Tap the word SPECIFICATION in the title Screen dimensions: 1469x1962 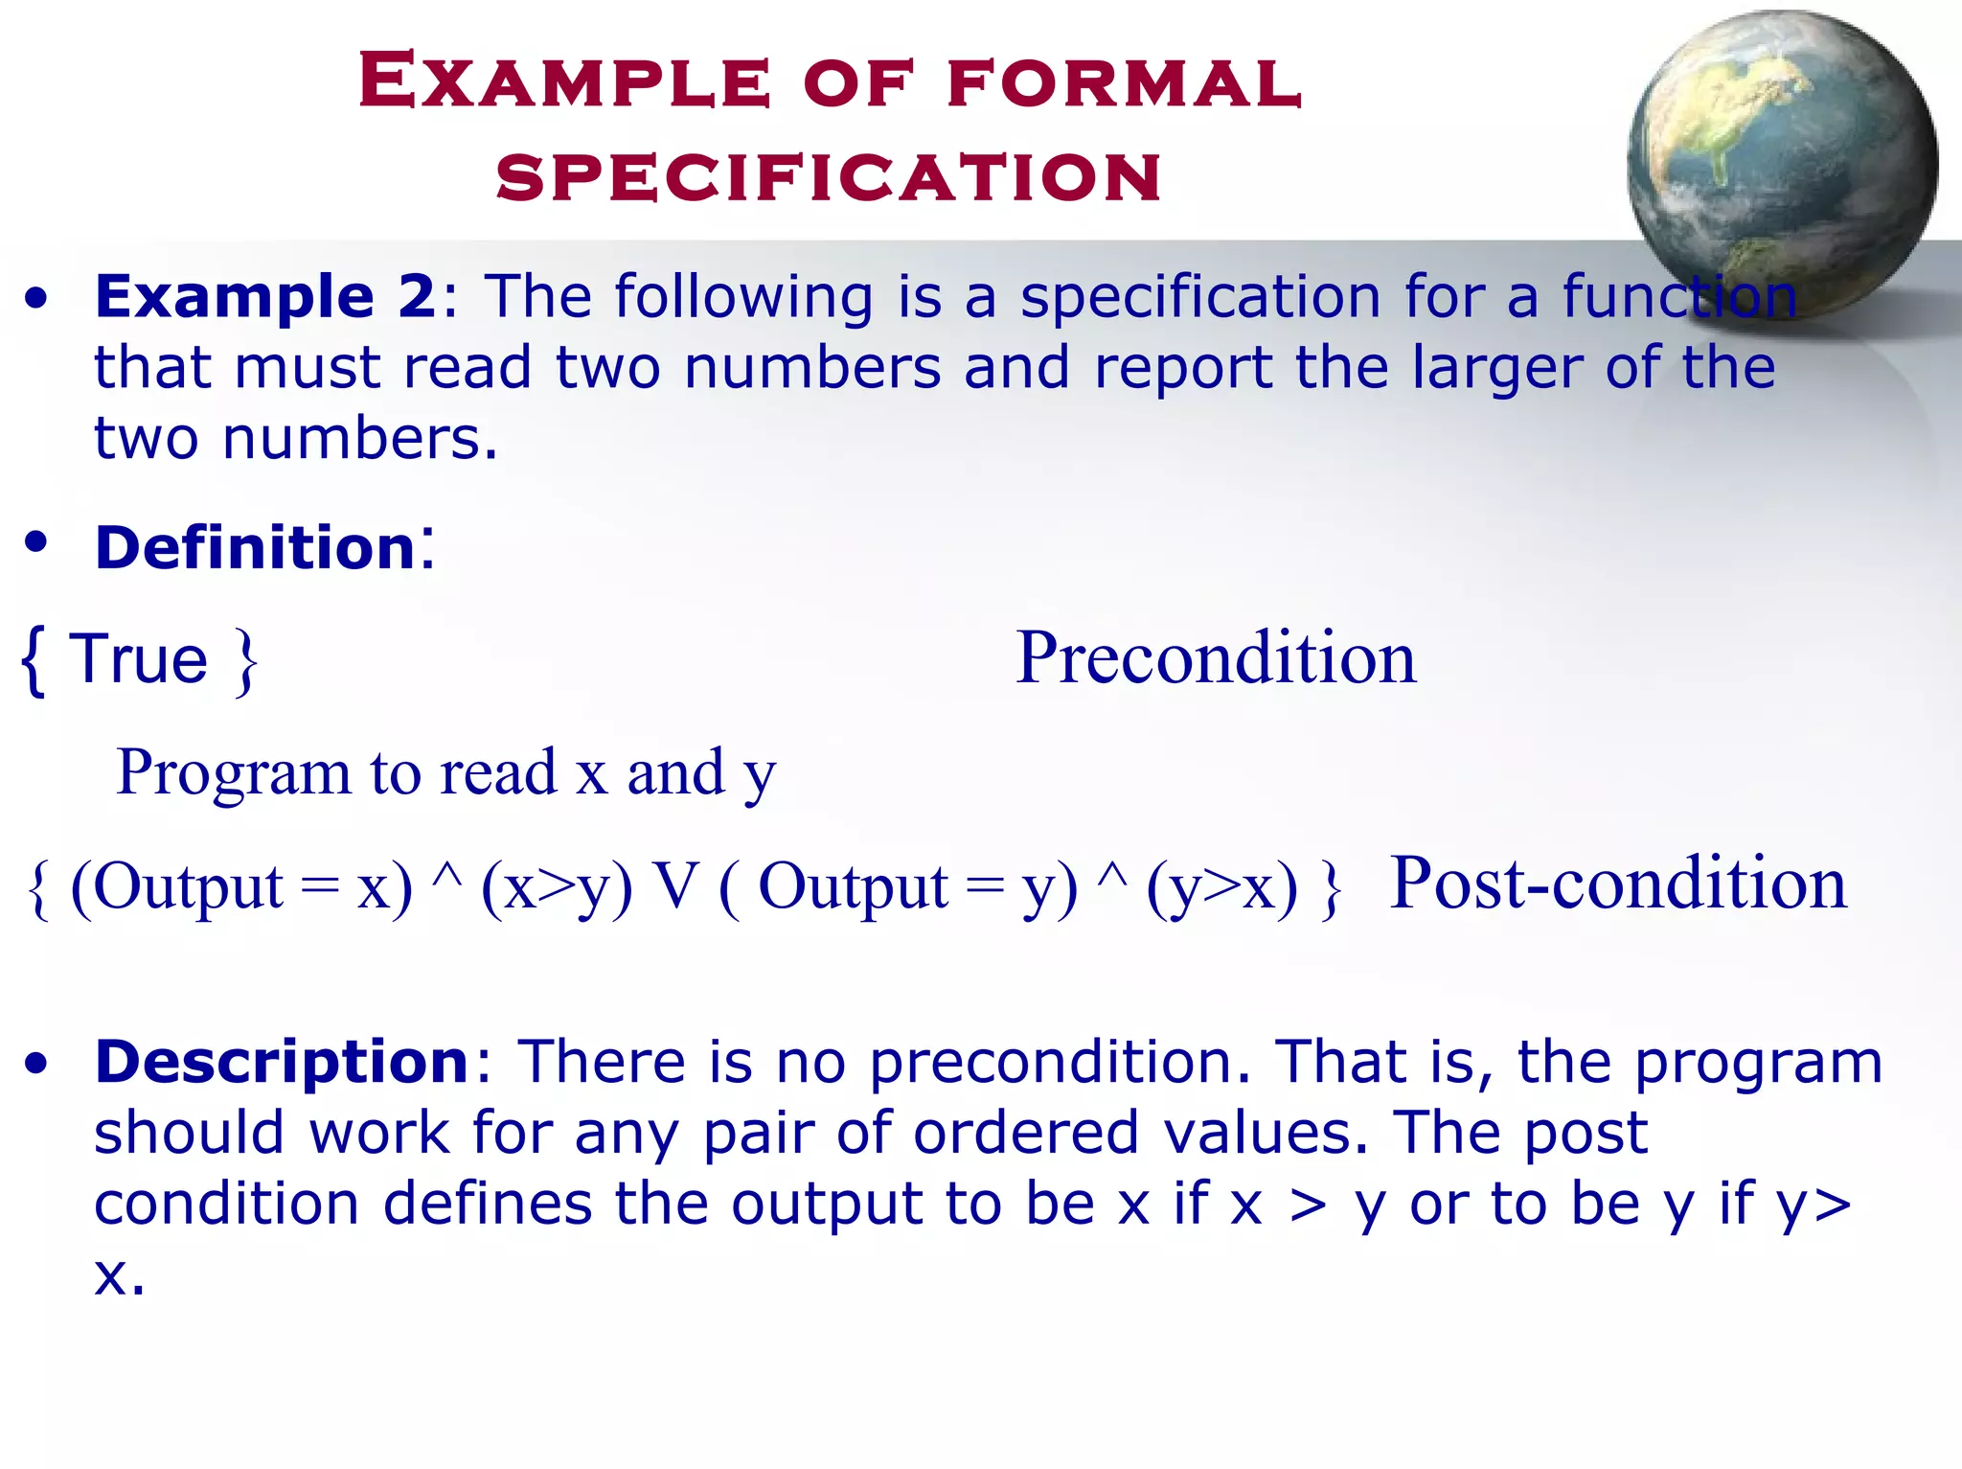(830, 178)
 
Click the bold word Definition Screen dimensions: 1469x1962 (255, 548)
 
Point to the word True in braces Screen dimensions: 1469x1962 (139, 659)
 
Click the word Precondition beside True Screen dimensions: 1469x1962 (1215, 658)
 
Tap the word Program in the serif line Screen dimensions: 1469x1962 (234, 772)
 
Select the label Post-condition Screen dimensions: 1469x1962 (1617, 884)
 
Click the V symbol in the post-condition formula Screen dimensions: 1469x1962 (675, 885)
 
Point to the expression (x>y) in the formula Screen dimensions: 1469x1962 (557, 886)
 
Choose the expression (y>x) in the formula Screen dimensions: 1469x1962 (1221, 886)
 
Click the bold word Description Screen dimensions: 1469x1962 (282, 1063)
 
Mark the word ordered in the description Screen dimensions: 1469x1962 (1026, 1134)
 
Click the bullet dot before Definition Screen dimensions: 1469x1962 (36, 543)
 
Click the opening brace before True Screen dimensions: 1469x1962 (34, 660)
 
